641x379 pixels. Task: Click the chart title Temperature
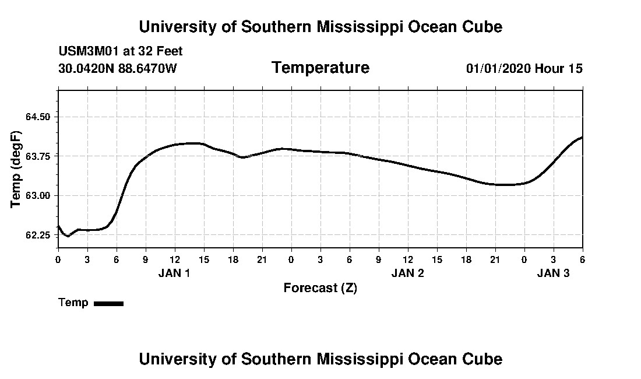coord(320,68)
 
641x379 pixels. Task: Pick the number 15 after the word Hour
coord(575,68)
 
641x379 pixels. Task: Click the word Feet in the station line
coord(169,51)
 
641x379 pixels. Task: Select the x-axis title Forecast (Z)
coord(320,287)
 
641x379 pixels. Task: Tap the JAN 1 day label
coord(174,273)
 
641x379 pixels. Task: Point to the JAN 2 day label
coord(407,273)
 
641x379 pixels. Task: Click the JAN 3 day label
coord(553,273)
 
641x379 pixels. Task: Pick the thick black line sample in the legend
coord(108,303)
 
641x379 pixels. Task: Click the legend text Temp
coord(73,303)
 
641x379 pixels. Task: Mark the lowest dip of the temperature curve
coord(68,236)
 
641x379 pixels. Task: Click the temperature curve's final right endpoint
coord(582,137)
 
